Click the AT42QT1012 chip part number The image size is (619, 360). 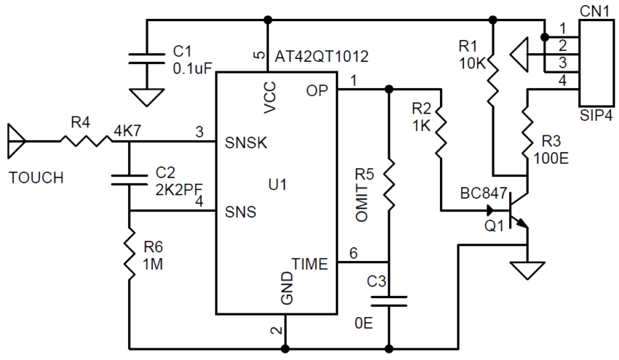[322, 56]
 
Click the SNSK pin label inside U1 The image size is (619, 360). [248, 143]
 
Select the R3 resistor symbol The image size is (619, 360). [526, 132]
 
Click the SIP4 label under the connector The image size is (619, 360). [596, 116]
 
